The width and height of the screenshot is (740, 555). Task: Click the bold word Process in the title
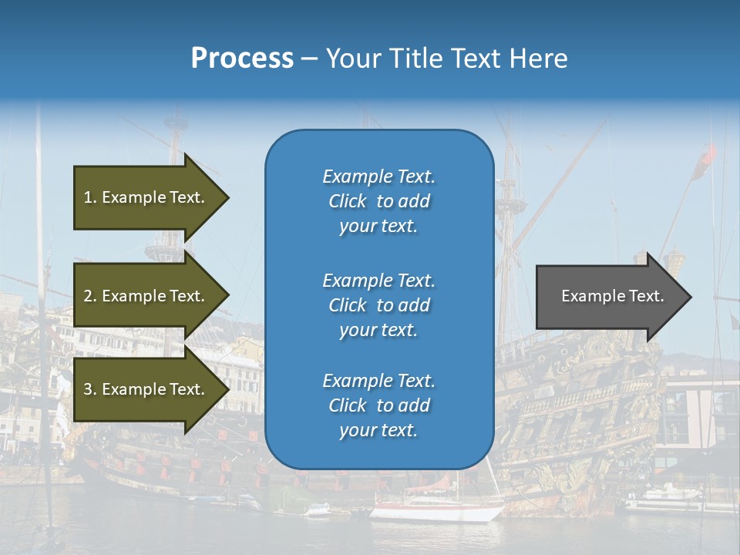(242, 59)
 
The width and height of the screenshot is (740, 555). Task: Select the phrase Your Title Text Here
(446, 59)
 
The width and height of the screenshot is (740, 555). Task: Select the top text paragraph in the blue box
(378, 201)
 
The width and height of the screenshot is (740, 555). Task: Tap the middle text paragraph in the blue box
(378, 305)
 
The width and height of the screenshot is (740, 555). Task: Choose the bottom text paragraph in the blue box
(378, 405)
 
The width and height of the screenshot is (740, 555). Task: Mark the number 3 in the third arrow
(88, 389)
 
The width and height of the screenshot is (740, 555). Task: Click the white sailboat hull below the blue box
(436, 513)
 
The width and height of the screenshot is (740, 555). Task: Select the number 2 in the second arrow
(88, 296)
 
